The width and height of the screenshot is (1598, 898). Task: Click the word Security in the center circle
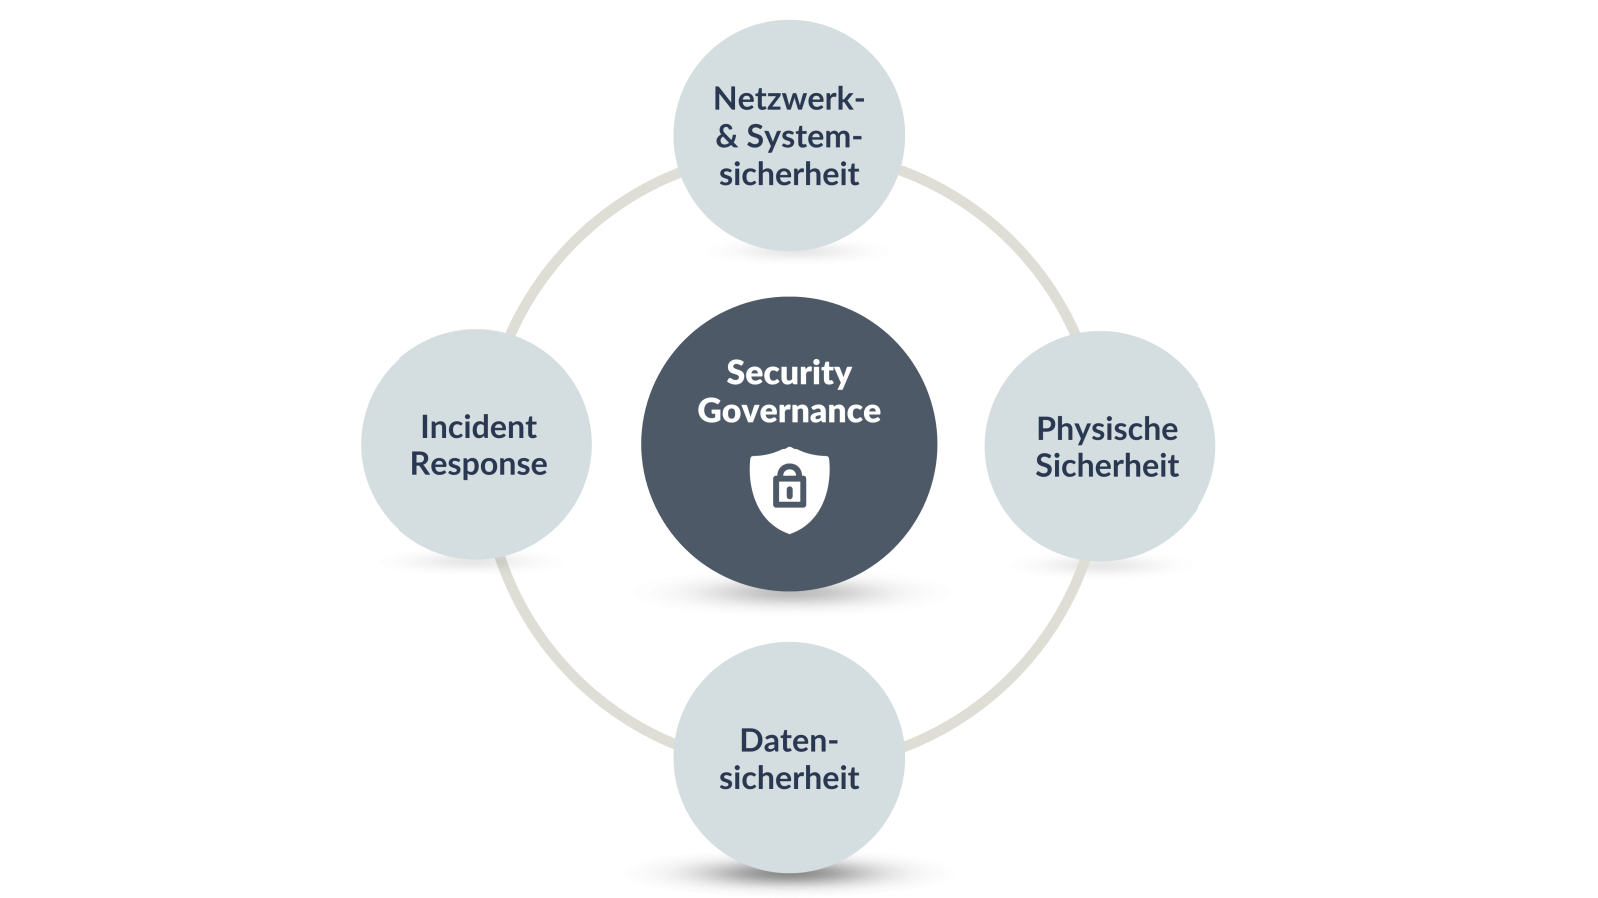789,374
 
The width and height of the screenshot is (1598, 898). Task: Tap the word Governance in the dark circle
789,411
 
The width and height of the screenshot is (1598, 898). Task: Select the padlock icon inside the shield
789,487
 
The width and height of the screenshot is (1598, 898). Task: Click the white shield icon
789,490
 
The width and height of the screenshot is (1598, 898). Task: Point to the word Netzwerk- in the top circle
789,99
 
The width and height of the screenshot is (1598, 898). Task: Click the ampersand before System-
726,136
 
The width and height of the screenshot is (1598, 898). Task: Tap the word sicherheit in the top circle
789,174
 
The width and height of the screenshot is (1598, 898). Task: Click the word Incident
478,427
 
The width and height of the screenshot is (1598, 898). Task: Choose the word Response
478,465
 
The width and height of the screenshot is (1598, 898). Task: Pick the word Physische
1107,430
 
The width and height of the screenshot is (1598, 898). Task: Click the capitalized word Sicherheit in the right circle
1107,465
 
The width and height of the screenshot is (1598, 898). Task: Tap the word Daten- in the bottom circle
789,741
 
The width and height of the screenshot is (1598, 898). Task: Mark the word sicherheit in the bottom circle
789,777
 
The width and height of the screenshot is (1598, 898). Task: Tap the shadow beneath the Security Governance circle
790,595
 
